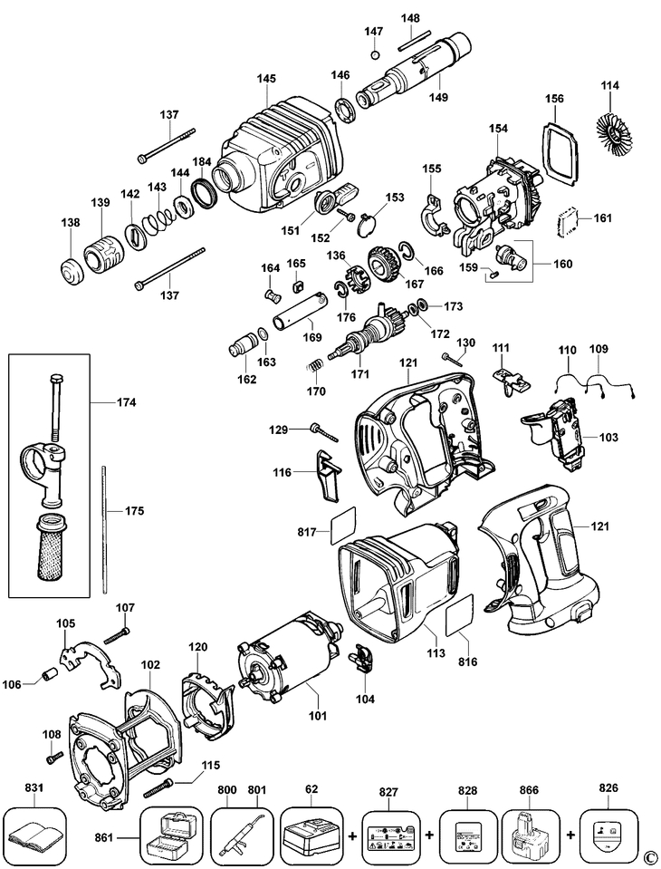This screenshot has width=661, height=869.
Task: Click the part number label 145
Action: click(265, 80)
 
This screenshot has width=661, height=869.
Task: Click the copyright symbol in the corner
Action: click(650, 858)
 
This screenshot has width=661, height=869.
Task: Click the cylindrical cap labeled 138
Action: click(70, 270)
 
